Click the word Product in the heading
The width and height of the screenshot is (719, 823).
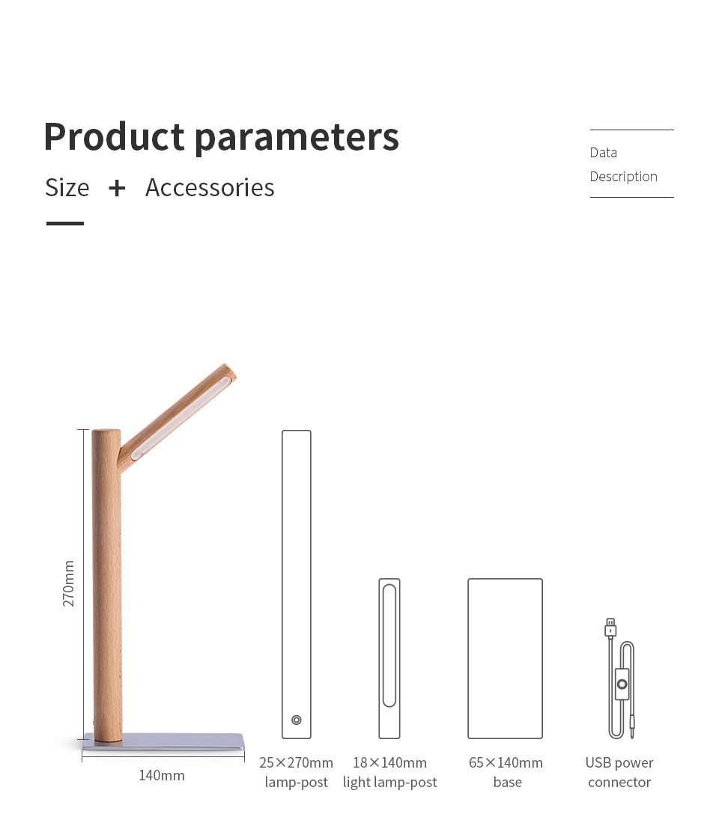point(114,136)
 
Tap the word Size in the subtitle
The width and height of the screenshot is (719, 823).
point(67,188)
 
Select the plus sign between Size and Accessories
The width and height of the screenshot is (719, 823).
point(117,189)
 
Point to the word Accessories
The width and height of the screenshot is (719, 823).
point(210,188)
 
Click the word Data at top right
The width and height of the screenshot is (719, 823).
point(604,153)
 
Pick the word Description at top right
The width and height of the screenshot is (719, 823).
point(623,177)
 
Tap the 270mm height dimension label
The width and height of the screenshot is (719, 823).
point(69,583)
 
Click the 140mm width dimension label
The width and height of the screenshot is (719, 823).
point(162,775)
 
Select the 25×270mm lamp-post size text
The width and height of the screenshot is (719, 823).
point(296,762)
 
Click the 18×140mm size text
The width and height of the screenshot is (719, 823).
point(390,762)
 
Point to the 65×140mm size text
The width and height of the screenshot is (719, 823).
point(506,762)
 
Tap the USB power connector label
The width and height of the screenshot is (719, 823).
point(619,772)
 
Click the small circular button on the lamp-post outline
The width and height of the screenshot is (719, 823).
point(297,720)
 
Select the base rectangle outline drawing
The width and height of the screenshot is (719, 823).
point(468,659)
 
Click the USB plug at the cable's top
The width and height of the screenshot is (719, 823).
point(610,628)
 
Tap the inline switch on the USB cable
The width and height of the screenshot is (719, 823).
point(622,684)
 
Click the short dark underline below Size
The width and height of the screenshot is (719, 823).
point(65,224)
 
